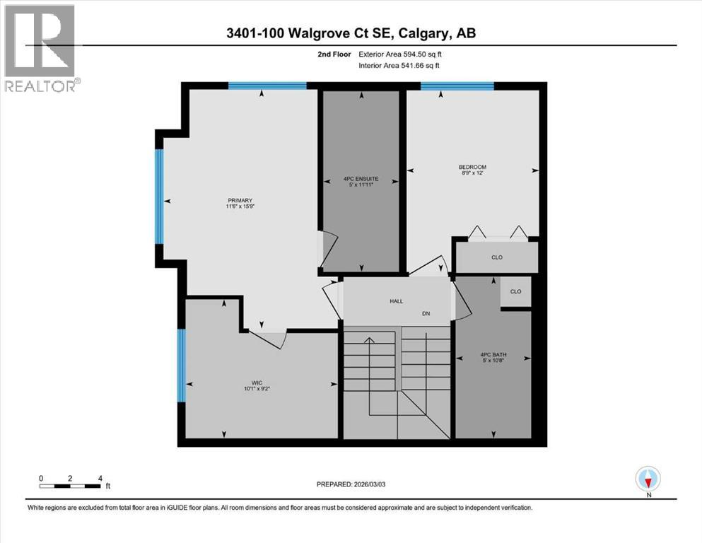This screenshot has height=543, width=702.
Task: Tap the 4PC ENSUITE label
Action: click(x=362, y=180)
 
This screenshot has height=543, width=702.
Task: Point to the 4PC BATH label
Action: click(x=492, y=355)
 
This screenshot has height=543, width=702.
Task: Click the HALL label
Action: click(x=396, y=301)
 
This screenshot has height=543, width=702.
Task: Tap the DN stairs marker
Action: click(x=426, y=313)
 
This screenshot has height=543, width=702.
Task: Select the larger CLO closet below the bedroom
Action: click(x=496, y=257)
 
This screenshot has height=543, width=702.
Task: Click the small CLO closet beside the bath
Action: click(x=515, y=291)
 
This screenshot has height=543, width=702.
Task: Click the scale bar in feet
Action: click(x=71, y=486)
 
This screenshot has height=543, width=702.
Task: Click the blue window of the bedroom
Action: click(x=457, y=86)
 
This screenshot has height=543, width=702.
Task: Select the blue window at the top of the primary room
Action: click(x=267, y=86)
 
